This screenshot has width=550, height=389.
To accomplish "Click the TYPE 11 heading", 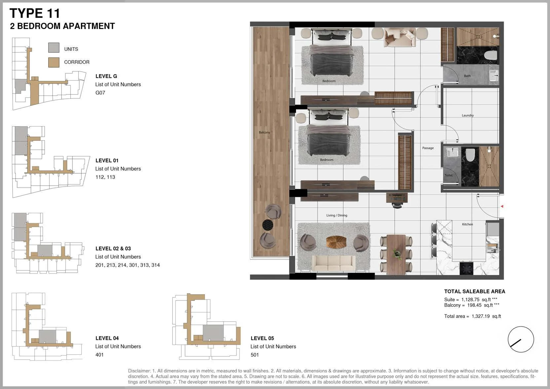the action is tap(35, 13).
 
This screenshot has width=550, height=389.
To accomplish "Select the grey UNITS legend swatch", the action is tap(54, 48).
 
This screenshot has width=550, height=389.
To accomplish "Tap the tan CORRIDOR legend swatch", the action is tap(54, 62).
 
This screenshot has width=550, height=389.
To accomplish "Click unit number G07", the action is tap(100, 93).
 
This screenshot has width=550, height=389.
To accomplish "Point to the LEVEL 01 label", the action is tap(107, 160).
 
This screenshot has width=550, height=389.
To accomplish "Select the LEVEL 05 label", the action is tap(262, 338).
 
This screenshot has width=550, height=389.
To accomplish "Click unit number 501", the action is tap(255, 355).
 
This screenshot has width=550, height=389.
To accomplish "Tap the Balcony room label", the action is tap(265, 132).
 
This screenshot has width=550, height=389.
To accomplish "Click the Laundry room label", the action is tap(468, 115).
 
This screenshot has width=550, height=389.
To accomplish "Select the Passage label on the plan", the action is tap(428, 148).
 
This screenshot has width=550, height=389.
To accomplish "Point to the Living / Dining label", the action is tap(337, 215).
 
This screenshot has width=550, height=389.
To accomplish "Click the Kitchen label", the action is tap(467, 224).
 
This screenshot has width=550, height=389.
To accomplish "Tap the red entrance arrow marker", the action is tap(502, 206).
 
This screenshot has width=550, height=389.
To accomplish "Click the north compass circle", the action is tap(521, 339).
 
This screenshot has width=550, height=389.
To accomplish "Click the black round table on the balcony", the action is tap(268, 224).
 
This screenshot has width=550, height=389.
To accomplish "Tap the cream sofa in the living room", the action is tap(334, 263).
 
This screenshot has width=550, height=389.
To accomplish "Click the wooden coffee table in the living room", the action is tap(336, 242).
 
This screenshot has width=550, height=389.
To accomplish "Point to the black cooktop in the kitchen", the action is tap(466, 268).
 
